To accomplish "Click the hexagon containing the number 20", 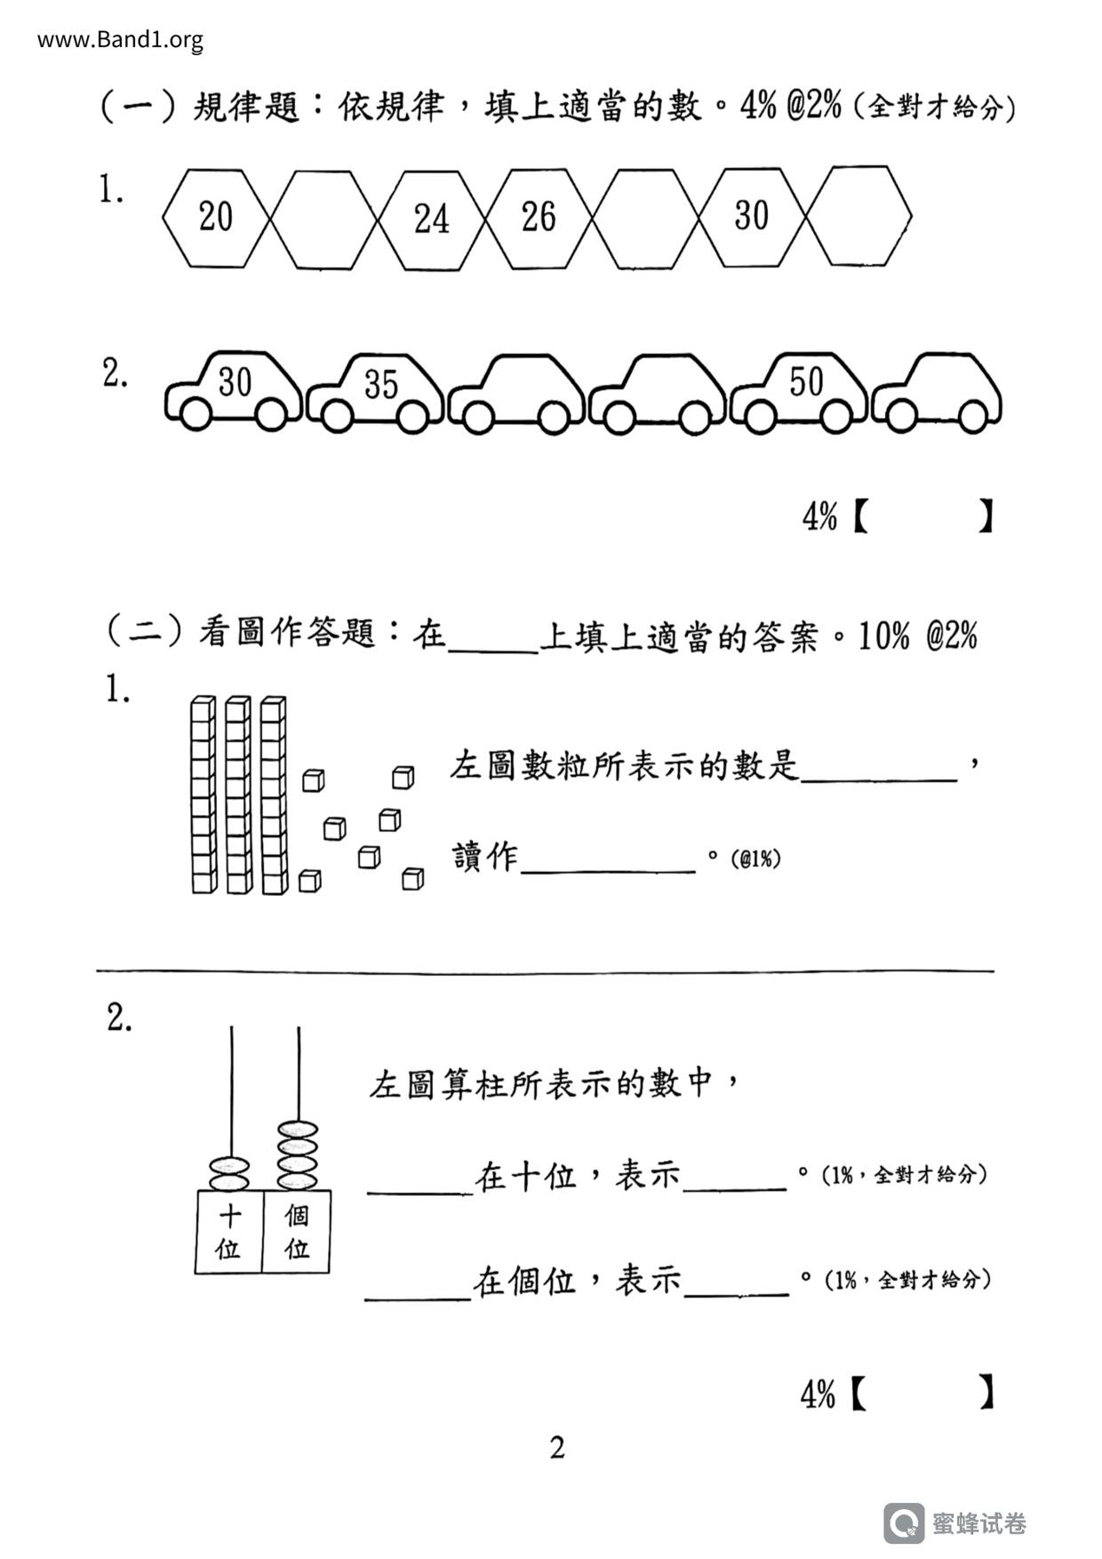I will click(x=215, y=217).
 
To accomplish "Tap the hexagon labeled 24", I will click(x=431, y=219).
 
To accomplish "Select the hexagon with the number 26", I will click(x=538, y=218).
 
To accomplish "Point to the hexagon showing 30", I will click(x=751, y=216).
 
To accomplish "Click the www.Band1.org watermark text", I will click(x=120, y=40).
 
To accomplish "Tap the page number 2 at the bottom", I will click(x=557, y=1448).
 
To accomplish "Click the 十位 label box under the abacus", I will click(x=228, y=1232).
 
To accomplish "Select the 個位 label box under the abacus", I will click(x=297, y=1232).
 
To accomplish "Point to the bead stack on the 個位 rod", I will click(x=297, y=1155).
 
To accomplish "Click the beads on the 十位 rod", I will click(x=229, y=1173).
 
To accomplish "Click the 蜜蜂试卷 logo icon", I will click(x=904, y=1523).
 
